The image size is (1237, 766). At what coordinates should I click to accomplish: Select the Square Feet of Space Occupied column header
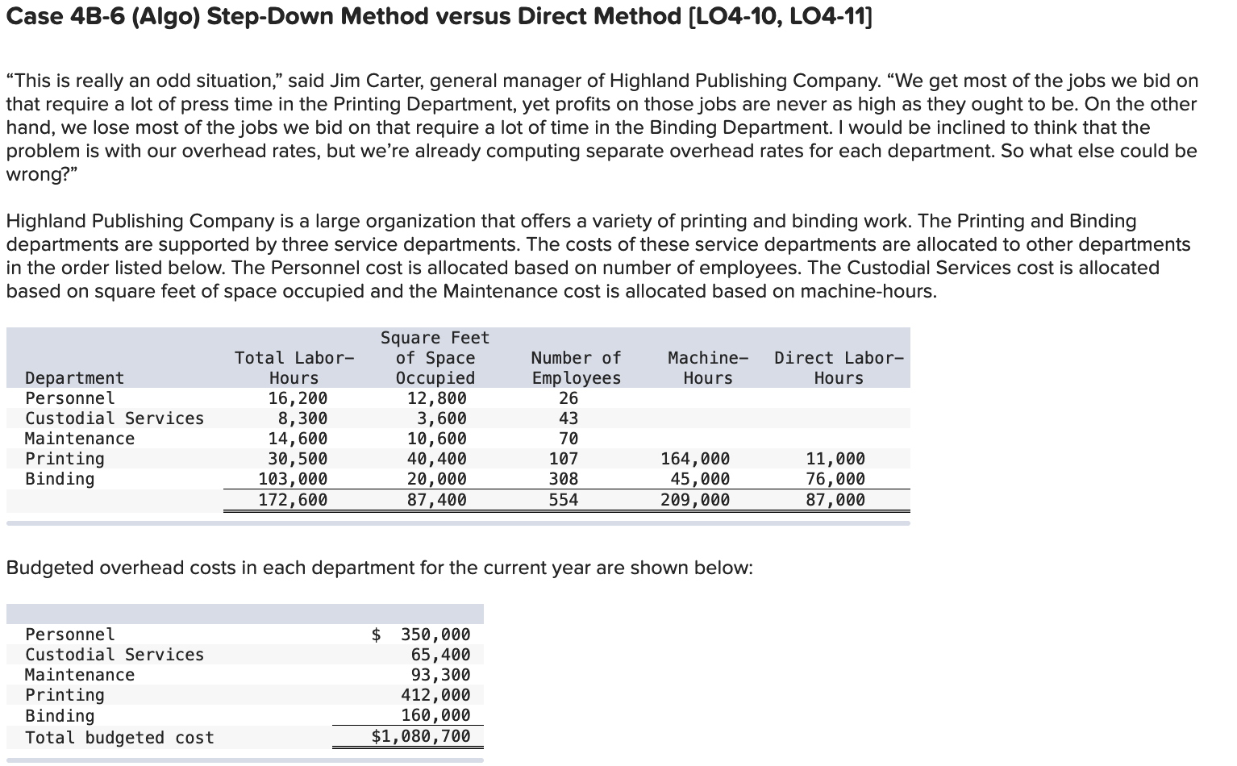(x=435, y=358)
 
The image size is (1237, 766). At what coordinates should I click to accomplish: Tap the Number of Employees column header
(x=576, y=368)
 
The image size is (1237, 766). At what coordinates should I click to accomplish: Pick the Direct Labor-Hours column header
(x=839, y=368)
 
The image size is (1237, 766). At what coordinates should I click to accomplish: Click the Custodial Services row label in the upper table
(x=115, y=418)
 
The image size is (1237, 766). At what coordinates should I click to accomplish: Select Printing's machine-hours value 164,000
(x=695, y=459)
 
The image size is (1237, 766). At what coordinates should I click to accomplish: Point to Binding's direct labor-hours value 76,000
(x=835, y=479)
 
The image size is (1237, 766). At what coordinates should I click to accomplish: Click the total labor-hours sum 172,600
(x=293, y=500)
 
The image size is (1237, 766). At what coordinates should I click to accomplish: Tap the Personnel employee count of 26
(x=569, y=398)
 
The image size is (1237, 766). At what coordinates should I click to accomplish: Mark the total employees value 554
(x=564, y=500)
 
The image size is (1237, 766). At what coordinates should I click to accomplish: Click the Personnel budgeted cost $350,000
(x=422, y=635)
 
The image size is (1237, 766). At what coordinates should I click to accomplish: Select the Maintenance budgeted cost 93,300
(x=440, y=675)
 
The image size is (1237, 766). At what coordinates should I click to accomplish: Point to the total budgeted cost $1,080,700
(x=421, y=736)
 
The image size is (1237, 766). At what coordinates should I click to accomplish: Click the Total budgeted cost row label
(x=119, y=738)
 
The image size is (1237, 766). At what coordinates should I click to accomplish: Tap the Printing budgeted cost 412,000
(x=435, y=695)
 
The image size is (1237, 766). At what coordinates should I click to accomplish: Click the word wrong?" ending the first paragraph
(x=36, y=174)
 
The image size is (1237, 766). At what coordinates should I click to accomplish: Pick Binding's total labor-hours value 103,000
(x=293, y=479)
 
